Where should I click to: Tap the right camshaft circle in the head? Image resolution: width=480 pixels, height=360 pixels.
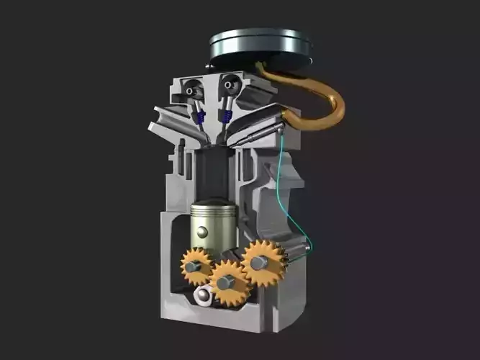click(230, 87)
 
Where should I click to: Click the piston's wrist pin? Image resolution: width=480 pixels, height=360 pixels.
click(203, 232)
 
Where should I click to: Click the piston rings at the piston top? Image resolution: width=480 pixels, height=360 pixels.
click(213, 210)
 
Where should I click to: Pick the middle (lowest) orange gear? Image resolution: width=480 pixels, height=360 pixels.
click(229, 282)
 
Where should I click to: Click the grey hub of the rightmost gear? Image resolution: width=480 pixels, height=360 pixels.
click(258, 264)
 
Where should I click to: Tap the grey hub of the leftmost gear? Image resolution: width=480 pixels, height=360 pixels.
click(191, 267)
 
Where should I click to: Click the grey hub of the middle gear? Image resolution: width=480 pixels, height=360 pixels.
click(225, 283)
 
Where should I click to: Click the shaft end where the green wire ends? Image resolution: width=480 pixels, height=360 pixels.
click(307, 248)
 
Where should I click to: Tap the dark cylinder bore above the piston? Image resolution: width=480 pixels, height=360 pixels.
click(214, 173)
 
